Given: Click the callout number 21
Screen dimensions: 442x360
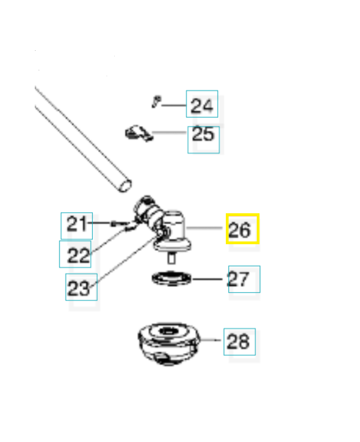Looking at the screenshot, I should pos(77,225).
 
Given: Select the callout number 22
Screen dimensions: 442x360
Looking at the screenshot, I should pos(78,255).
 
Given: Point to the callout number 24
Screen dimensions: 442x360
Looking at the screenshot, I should pos(202,105).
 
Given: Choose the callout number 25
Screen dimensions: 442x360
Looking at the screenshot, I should pos(203,134).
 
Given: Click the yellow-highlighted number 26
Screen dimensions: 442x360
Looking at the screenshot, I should pos(242,229).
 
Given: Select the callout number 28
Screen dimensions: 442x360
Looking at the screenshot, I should pos(239,341).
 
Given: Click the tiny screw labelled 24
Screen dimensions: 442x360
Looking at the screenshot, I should pos(156,101).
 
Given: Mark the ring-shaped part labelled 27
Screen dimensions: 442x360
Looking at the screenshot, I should pos(171,278).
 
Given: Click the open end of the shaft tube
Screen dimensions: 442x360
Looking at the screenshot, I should pos(126,184).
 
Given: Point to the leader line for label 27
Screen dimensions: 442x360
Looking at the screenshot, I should pos(210,278).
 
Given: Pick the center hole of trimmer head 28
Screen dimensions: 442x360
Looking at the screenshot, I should pos(167,331).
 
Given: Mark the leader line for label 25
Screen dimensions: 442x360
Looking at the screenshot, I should pos(170,133).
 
